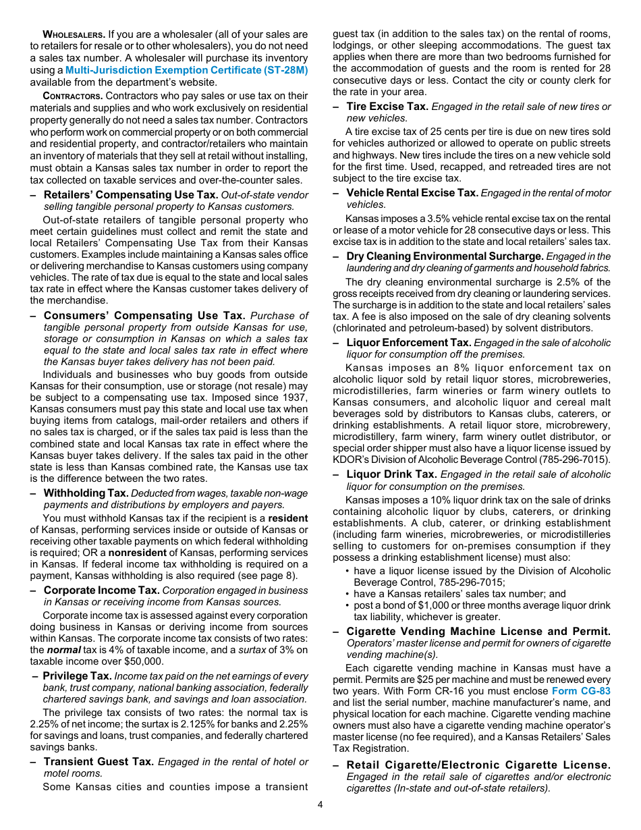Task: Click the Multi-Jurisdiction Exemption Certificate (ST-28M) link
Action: point(186,70)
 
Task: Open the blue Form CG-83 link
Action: point(581,691)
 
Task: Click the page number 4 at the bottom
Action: point(320,804)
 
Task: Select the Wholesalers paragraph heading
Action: point(74,34)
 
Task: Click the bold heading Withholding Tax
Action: point(86,493)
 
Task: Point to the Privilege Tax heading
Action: point(77,675)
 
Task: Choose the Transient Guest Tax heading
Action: point(99,761)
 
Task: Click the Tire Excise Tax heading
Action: point(387,106)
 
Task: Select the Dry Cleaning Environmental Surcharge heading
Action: point(445,256)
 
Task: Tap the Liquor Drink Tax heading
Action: point(391,474)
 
